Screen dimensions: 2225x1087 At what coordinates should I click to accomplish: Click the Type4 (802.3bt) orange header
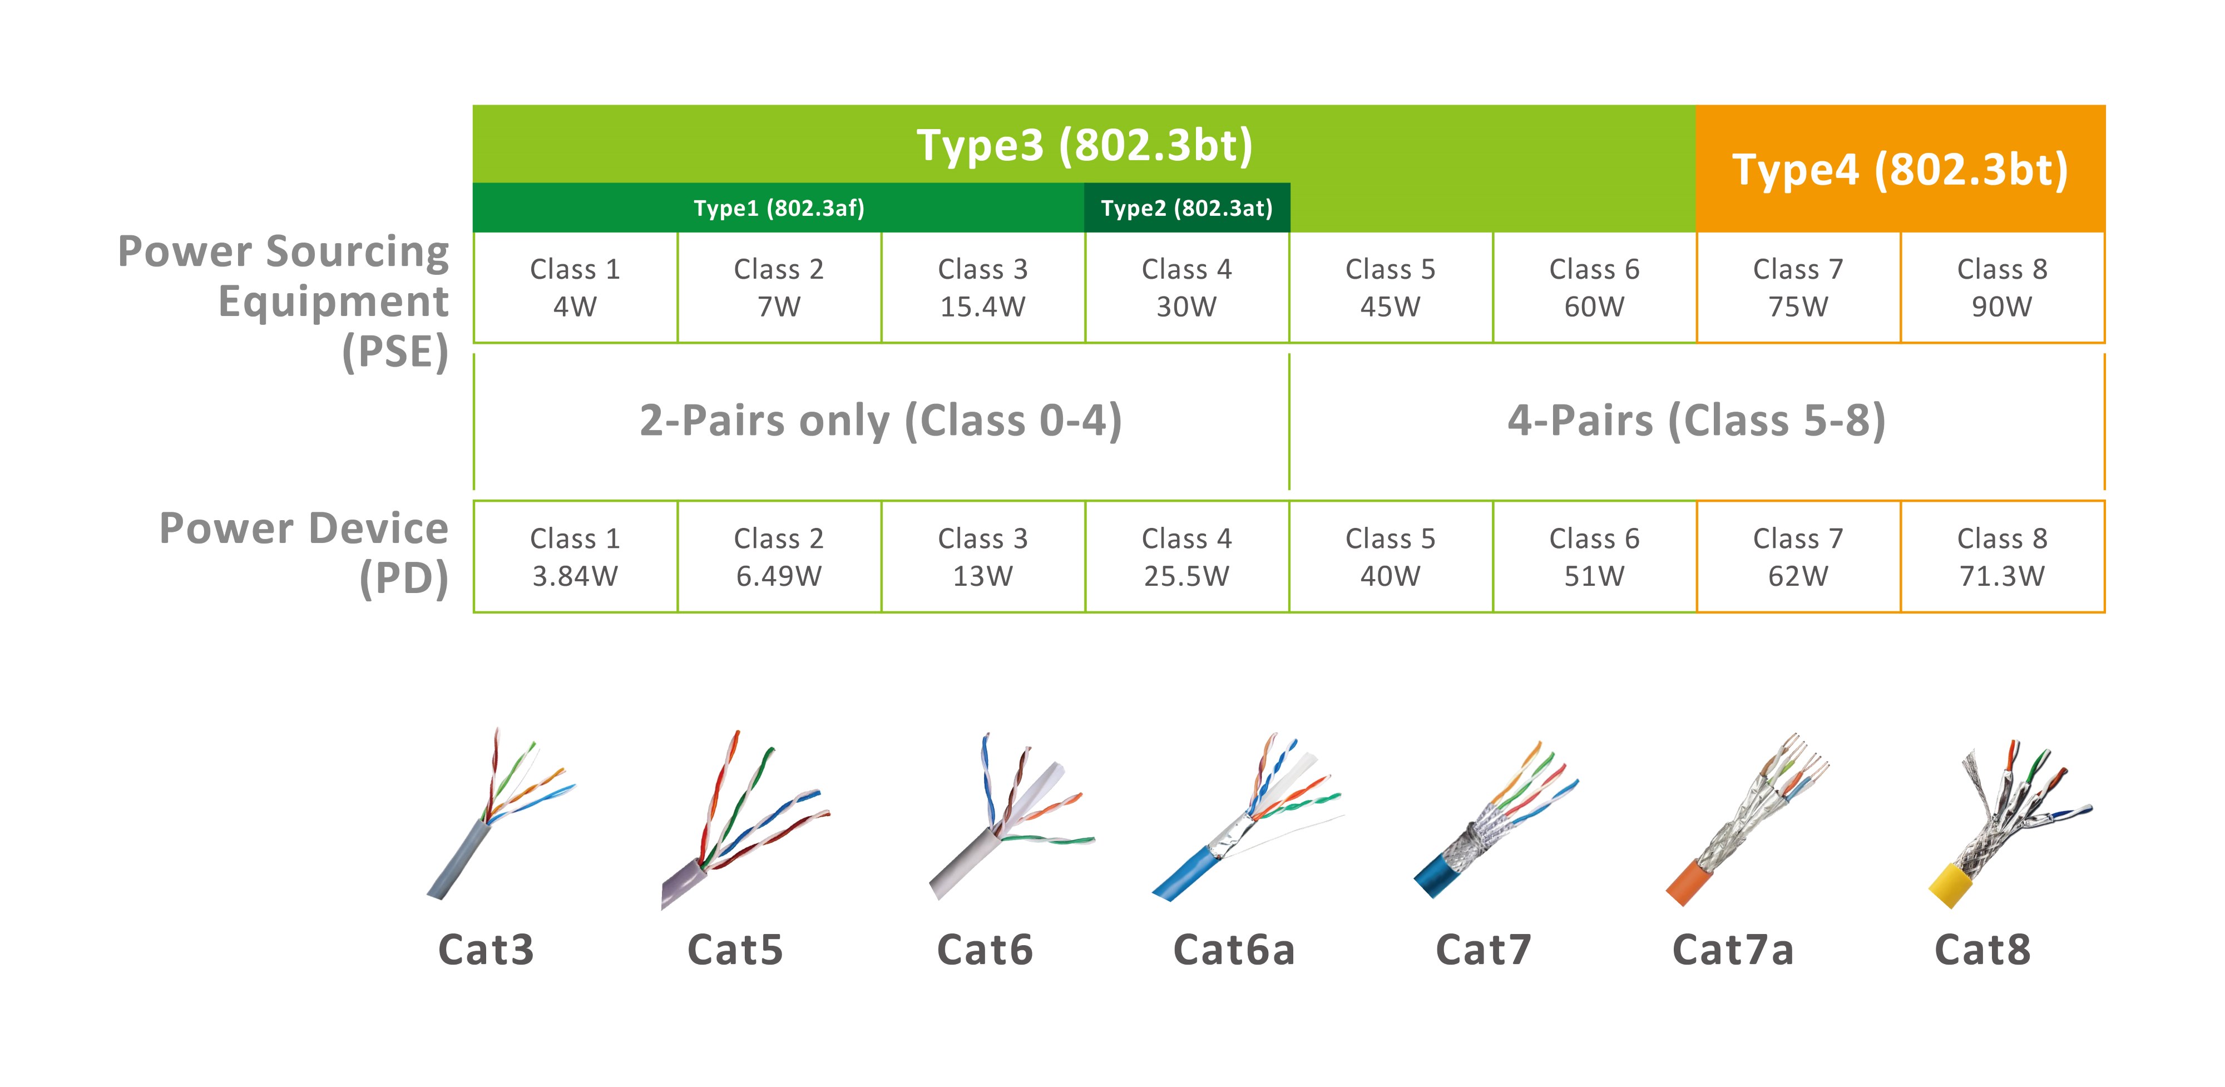pos(1900,169)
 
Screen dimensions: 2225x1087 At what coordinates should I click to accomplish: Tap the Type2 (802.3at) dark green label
pos(1187,208)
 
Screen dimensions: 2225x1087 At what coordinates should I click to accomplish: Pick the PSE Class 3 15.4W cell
pos(983,288)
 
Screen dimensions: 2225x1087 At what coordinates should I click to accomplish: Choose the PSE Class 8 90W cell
pos(2002,288)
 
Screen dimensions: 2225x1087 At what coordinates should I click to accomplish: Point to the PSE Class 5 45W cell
pos(1391,288)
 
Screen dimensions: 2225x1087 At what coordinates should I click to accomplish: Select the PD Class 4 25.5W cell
pos(1187,556)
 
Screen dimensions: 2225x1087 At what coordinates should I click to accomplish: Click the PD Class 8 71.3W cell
pos(2002,556)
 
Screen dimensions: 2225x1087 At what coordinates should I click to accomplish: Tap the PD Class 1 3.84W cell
pos(575,556)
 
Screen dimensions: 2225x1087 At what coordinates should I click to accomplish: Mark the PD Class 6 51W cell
pos(1594,556)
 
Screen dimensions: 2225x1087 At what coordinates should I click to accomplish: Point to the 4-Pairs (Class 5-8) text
pos(1697,421)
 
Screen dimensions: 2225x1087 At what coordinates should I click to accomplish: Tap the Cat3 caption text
pos(486,950)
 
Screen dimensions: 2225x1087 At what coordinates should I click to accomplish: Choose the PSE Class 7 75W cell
pos(1798,288)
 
